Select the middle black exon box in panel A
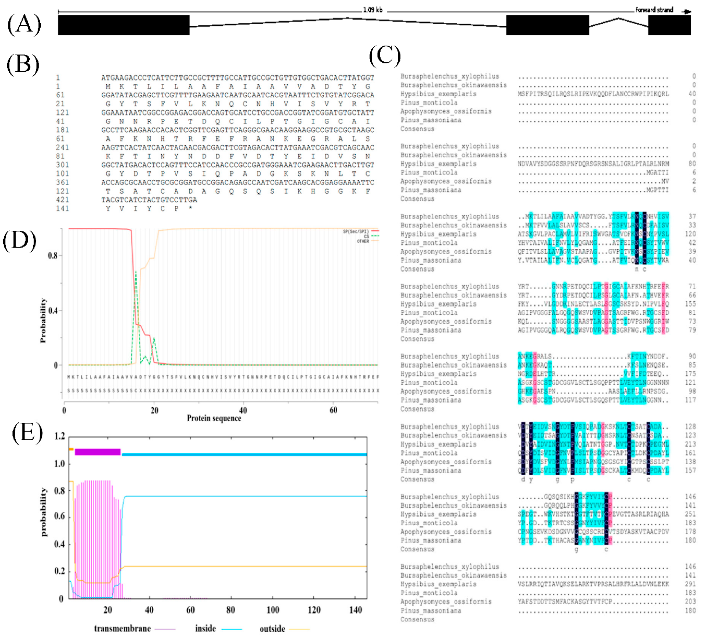547,25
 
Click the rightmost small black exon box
669,25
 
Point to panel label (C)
385,56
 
